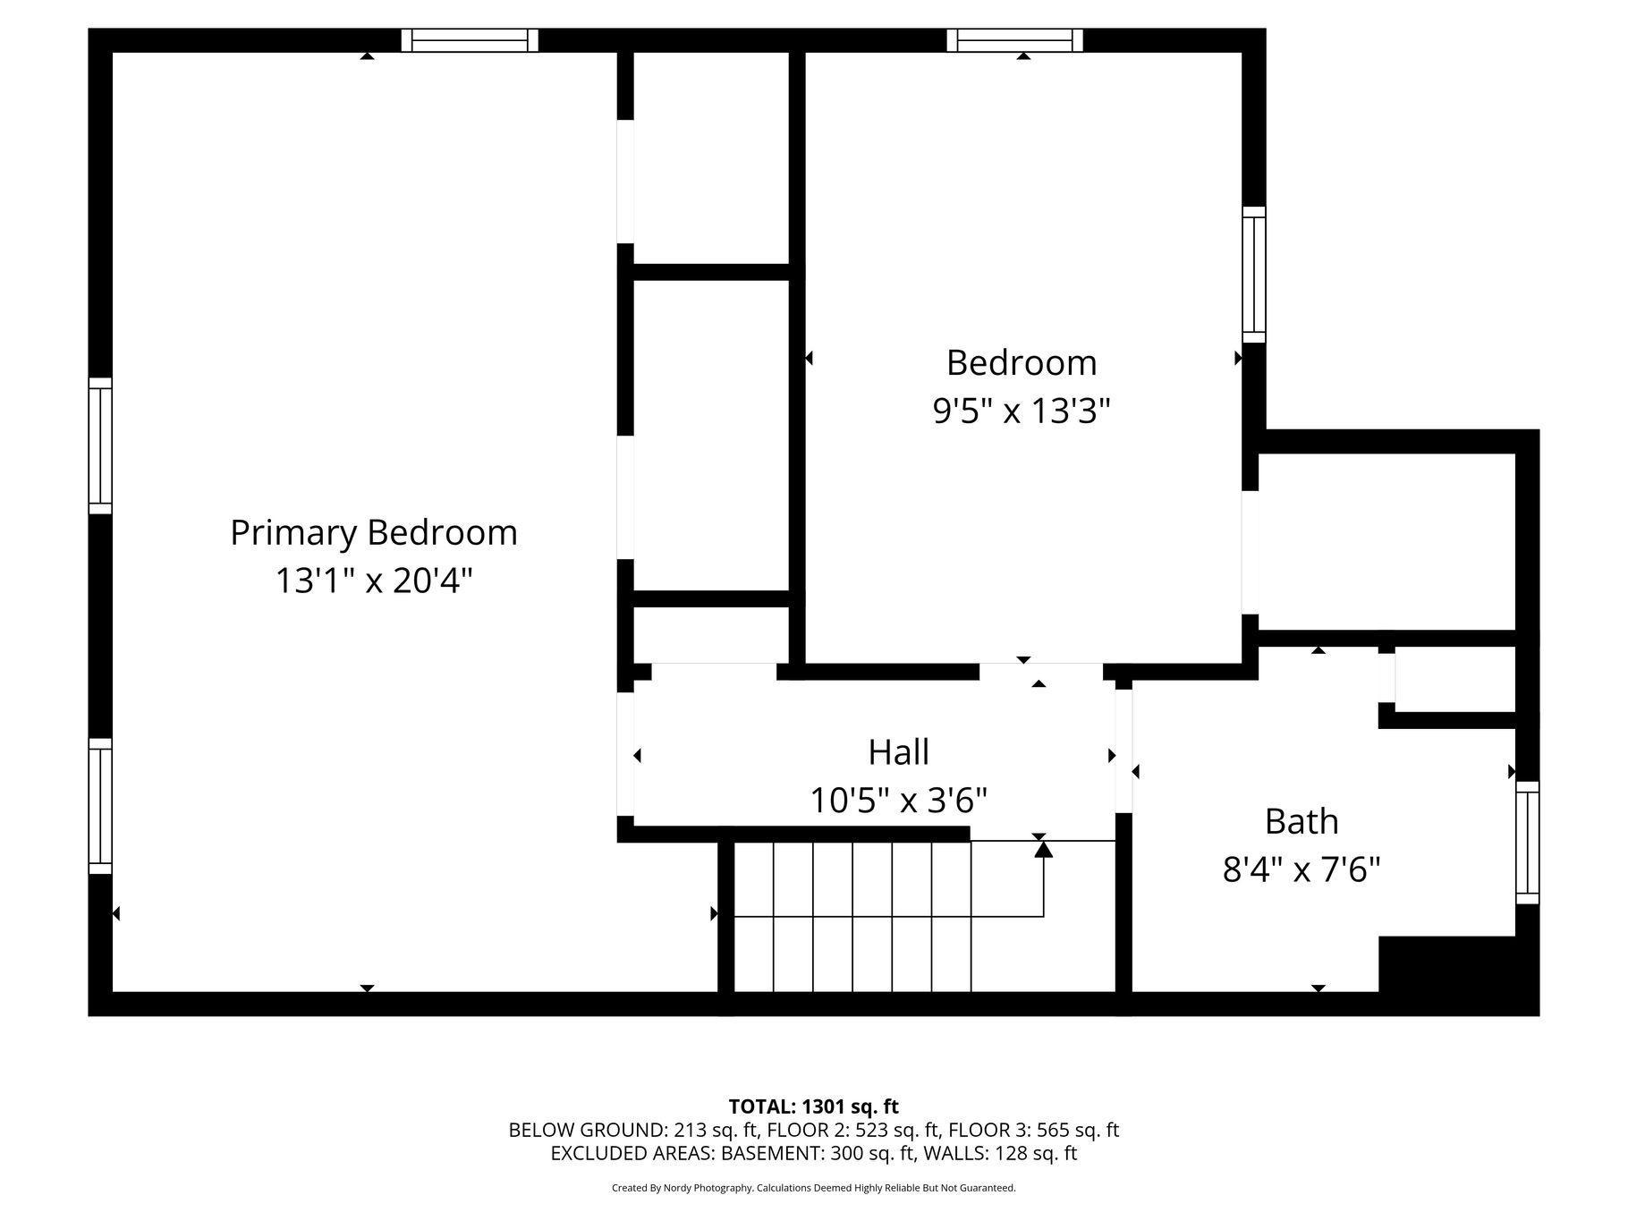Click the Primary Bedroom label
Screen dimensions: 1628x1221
pos(374,534)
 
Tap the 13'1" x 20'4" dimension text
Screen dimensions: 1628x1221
pos(373,581)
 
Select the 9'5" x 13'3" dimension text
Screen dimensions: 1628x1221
pos(1022,411)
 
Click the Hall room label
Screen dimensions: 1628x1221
pos(899,752)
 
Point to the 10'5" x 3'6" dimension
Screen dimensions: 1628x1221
pos(899,800)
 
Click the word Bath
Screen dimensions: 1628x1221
pos(1302,821)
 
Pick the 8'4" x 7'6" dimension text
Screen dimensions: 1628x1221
pos(1302,869)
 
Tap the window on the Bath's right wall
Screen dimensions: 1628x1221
pos(1528,843)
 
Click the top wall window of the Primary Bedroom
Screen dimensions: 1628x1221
pos(470,40)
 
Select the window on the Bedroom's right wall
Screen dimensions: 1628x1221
pos(1254,275)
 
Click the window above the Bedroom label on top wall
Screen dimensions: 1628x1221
pos(1015,40)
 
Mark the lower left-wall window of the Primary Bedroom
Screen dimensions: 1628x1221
pos(100,806)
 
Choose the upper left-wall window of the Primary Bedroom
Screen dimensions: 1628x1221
pos(100,445)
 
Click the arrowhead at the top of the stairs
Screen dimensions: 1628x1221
pos(1044,849)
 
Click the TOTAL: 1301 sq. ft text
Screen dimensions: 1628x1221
pos(814,1107)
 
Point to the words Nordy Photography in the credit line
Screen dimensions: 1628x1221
pos(708,1188)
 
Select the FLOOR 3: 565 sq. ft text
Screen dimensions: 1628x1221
pos(1034,1130)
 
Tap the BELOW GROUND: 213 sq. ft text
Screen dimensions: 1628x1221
pos(633,1130)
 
